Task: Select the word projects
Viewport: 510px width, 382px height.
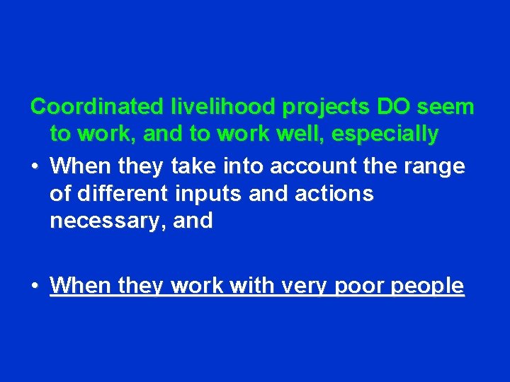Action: [x=326, y=108]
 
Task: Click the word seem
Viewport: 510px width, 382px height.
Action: [x=446, y=108]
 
